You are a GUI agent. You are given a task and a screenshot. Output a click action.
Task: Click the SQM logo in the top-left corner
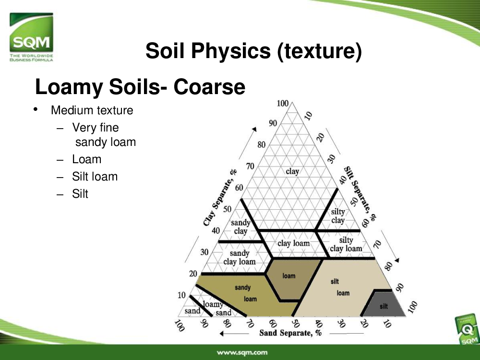31,37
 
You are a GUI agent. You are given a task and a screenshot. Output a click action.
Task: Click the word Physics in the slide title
231,50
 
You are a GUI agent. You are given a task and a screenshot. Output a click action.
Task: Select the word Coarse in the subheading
209,86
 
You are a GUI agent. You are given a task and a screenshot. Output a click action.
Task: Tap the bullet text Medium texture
92,110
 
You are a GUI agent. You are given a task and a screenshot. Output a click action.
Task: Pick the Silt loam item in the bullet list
95,177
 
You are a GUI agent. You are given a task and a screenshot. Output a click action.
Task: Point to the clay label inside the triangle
292,171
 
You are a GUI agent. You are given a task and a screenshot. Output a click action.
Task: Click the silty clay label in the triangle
338,216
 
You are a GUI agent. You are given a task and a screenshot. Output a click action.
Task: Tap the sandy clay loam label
240,257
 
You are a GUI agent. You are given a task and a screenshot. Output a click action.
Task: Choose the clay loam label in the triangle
294,243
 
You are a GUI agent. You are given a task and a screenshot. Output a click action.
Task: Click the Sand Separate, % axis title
290,333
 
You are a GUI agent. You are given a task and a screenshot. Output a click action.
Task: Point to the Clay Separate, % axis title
220,198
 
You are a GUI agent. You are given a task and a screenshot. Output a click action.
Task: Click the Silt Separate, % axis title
360,193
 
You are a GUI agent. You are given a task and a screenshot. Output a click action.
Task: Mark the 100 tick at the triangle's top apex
283,104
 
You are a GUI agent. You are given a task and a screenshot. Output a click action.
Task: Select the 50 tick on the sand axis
295,323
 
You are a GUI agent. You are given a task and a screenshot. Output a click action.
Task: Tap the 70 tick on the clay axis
250,166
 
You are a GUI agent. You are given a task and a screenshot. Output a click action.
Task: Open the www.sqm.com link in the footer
242,352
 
